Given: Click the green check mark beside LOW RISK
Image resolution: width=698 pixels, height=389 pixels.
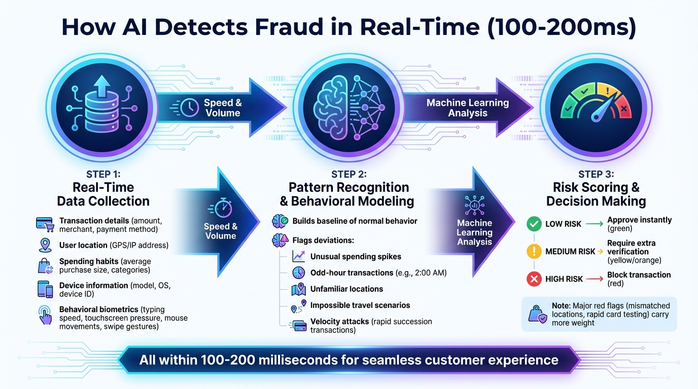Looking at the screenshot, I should tap(534, 224).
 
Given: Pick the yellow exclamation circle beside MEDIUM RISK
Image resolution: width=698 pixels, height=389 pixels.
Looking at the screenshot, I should tap(534, 251).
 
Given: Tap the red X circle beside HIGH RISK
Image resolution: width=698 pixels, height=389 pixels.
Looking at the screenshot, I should tap(534, 279).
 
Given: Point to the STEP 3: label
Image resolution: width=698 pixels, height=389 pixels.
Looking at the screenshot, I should tap(596, 175).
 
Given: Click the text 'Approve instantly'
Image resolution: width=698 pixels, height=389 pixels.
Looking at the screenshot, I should tap(639, 220).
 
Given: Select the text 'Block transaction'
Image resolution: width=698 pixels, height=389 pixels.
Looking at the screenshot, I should tap(639, 275).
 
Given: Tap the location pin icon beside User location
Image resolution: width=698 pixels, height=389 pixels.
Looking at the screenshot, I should tap(45, 245).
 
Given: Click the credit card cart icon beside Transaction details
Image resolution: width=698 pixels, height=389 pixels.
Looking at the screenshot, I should tap(45, 223).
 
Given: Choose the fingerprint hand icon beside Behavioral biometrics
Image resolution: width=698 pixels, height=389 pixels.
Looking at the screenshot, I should tap(45, 314).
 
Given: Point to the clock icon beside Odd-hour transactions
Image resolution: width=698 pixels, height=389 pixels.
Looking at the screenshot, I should tap(298, 273).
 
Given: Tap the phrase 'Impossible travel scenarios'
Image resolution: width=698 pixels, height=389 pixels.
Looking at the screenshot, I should tap(360, 305).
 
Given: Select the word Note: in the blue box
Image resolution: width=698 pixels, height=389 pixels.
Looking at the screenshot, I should tap(562, 305).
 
